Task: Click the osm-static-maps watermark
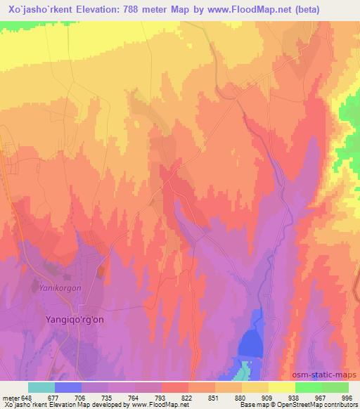click(x=330, y=375)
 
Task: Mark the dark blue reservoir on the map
click(x=252, y=342)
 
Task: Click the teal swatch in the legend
click(x=41, y=387)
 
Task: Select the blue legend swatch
click(x=67, y=387)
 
